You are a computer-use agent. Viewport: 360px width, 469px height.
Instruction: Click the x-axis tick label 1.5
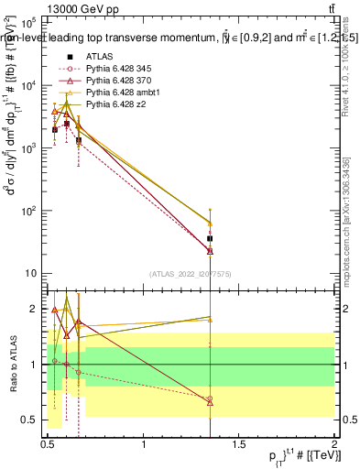[x=239, y=445]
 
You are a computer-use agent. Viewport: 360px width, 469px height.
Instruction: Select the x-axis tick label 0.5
[x=49, y=445]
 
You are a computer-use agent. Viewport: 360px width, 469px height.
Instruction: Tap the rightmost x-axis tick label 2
[x=334, y=445]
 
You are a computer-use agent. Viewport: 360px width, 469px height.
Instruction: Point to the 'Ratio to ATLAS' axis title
[x=11, y=365]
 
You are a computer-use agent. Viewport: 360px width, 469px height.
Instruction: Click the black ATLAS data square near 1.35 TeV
[x=211, y=239]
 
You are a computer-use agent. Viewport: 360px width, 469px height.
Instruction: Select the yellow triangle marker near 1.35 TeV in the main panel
[x=211, y=224]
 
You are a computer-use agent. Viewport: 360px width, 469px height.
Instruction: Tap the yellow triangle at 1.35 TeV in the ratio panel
[x=211, y=319]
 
